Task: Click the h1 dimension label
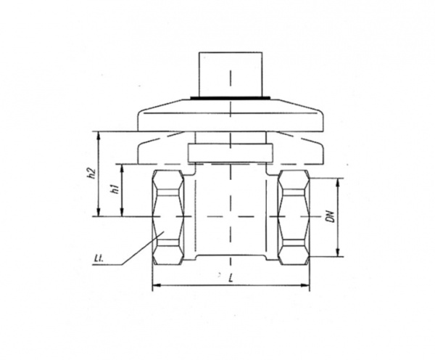(x=114, y=189)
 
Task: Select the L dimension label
(x=231, y=278)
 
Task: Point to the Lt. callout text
(x=98, y=261)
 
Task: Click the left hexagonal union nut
(x=168, y=217)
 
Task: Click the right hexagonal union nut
(x=294, y=217)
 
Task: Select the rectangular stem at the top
(x=231, y=74)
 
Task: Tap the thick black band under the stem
(x=231, y=97)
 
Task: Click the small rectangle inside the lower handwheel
(x=231, y=152)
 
